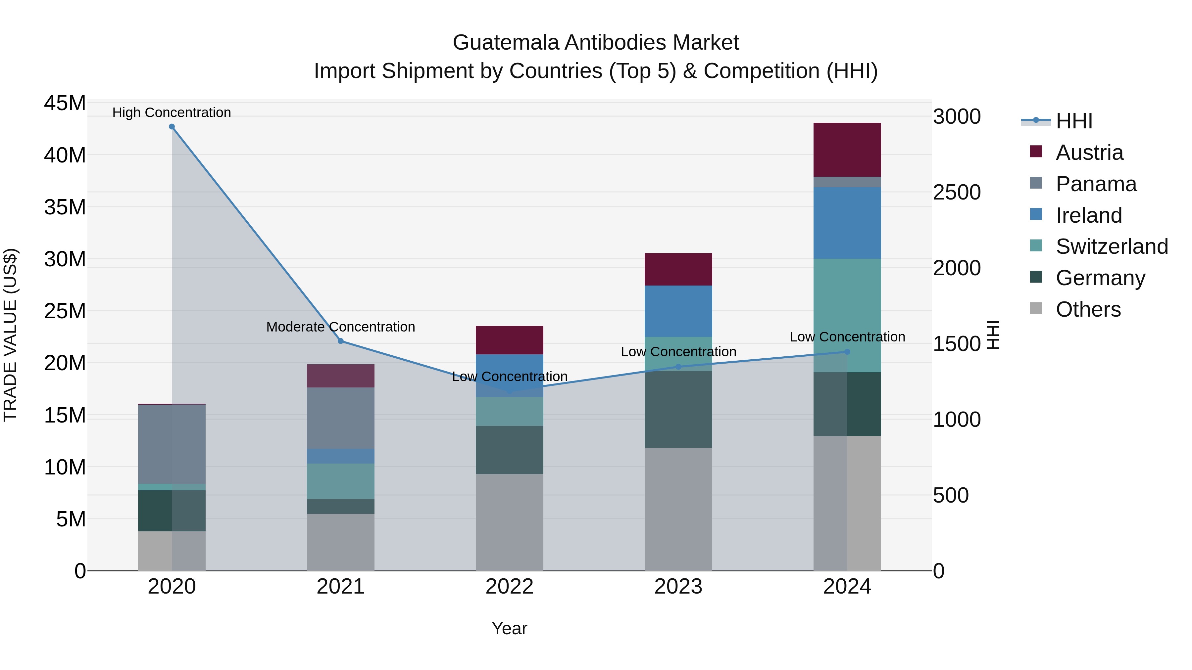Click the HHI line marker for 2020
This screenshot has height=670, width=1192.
coord(172,127)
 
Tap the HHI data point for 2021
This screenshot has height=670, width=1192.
coord(341,341)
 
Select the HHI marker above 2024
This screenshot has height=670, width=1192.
coord(847,352)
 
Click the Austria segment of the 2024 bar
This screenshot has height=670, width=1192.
coord(847,150)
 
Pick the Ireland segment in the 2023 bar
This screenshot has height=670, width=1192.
coord(678,311)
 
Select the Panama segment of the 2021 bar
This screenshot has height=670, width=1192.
coord(341,418)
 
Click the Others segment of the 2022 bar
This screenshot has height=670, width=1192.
coord(510,522)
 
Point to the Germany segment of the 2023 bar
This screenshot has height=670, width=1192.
coord(678,409)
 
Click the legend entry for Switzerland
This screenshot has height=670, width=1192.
coord(1112,246)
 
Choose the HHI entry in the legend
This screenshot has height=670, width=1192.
coord(1073,121)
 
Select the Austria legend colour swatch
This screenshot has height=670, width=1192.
coord(1036,152)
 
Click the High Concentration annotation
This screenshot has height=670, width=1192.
coord(172,112)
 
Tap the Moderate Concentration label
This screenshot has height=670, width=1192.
coord(341,327)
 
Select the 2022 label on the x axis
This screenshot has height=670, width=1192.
coord(510,587)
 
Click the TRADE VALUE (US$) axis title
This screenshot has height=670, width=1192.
coord(11,335)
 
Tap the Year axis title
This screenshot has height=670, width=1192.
coord(510,628)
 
